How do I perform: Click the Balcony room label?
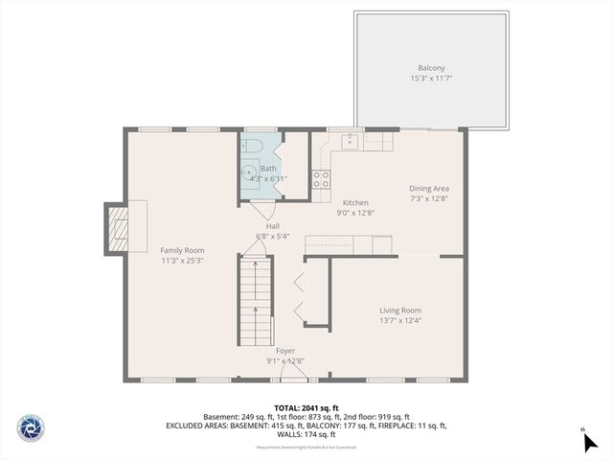tap(430, 68)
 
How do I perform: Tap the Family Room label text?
tap(182, 250)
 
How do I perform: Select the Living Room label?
tap(399, 310)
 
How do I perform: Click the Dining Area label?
tap(429, 189)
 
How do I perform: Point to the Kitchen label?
tap(355, 203)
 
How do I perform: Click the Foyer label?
tap(285, 352)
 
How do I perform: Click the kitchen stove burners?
tap(322, 178)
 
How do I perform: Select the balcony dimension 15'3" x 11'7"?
tap(430, 78)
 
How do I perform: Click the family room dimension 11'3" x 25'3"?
tap(182, 260)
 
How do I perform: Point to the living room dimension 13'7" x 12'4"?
tap(399, 320)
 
